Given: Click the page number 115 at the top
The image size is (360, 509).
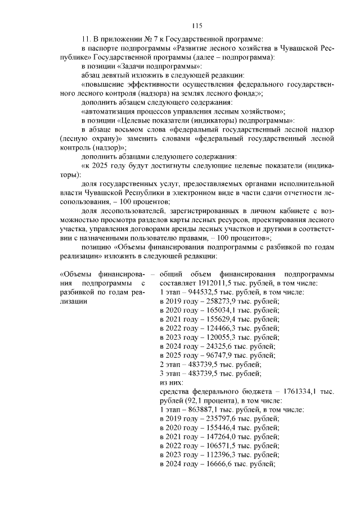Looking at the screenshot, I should click(x=196, y=25).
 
